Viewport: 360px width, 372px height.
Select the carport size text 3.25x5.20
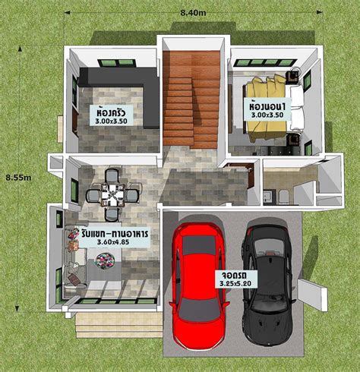point(236,283)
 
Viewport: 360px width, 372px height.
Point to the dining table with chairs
point(112,194)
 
